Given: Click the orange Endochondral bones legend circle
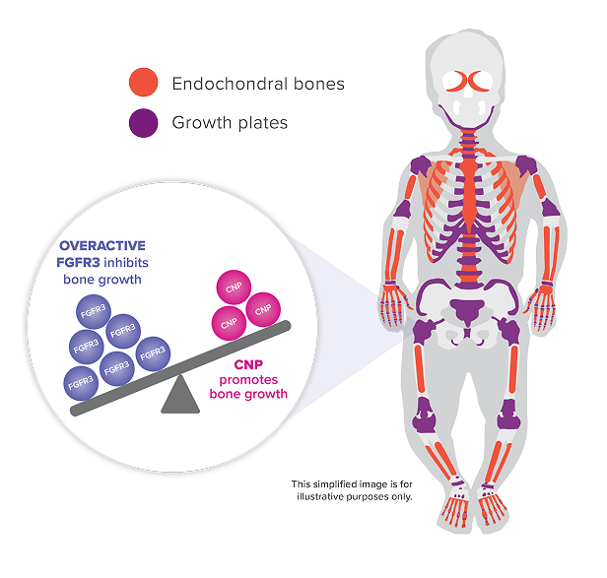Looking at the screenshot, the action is tap(143, 82).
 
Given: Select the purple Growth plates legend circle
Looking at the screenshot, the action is tap(143, 123).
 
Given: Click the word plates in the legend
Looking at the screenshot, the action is tap(263, 123).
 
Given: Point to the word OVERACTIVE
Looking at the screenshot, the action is tap(102, 245).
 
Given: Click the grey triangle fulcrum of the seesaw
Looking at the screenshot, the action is tap(180, 394).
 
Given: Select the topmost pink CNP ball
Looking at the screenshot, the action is tap(234, 288).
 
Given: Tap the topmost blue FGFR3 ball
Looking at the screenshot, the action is tap(93, 311).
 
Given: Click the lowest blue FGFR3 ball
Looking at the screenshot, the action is tap(81, 383).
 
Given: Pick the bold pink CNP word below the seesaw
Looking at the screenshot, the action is tap(248, 364).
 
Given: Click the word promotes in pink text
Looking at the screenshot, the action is tap(248, 380).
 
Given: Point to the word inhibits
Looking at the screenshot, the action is tap(126, 263).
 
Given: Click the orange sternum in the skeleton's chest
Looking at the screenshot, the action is tap(469, 192).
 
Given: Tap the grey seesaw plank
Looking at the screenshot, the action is tap(180, 368).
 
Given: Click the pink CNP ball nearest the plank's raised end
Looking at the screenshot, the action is tap(263, 309).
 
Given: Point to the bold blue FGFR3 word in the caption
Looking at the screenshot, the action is tap(78, 263).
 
